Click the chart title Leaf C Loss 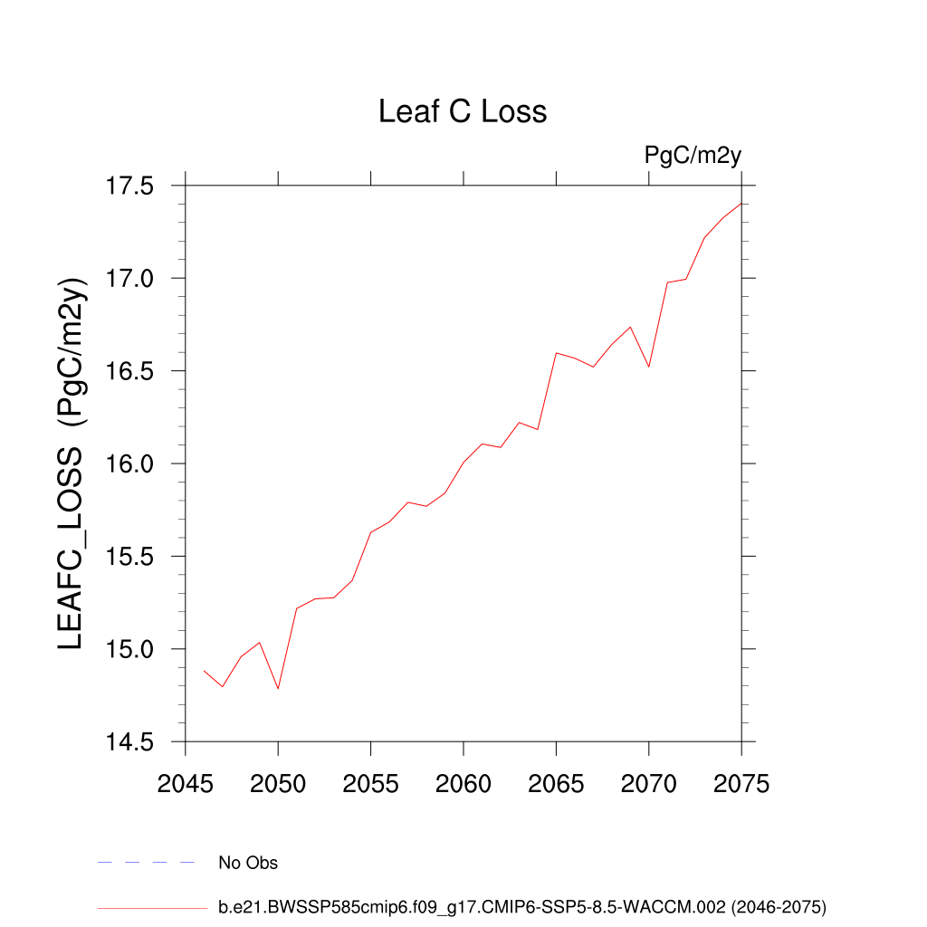coord(463,111)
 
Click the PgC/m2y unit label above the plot coord(693,155)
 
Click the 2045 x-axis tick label coord(186,783)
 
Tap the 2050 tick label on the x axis coord(278,783)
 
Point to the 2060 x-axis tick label coord(463,783)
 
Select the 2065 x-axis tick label coord(556,783)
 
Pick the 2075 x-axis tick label coord(741,783)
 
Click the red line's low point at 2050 coord(278,689)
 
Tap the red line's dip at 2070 coord(649,367)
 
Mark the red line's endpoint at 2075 coord(741,203)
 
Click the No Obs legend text coord(248,863)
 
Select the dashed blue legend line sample coord(146,863)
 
